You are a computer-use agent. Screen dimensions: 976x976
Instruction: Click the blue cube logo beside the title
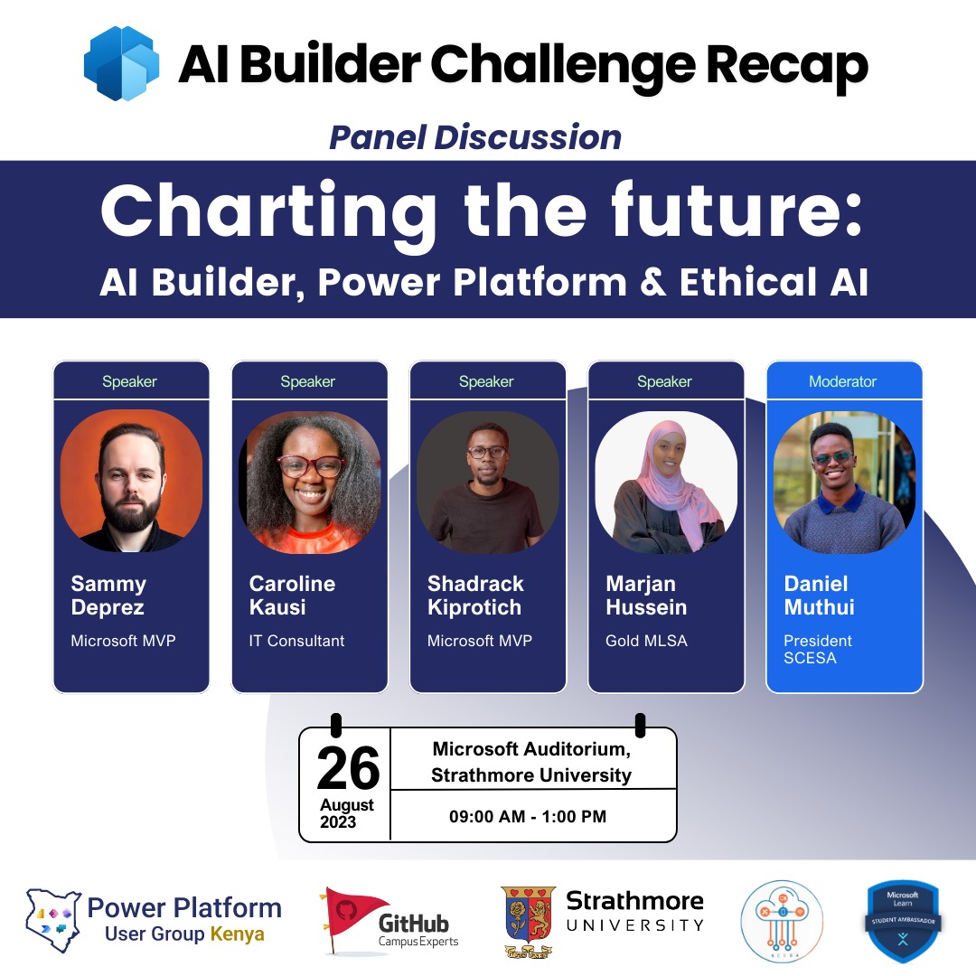(x=121, y=63)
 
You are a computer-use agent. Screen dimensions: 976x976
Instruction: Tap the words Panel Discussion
(x=475, y=137)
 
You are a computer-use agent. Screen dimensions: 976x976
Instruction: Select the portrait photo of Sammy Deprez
(x=131, y=481)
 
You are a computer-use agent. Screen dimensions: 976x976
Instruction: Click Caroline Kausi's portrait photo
(x=309, y=481)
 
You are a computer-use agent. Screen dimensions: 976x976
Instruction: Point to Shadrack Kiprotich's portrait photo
(x=487, y=481)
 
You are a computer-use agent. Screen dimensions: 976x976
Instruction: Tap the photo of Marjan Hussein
(x=666, y=481)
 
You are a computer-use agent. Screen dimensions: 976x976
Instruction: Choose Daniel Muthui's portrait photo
(x=844, y=481)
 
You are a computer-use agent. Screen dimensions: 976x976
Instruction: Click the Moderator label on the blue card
(x=842, y=381)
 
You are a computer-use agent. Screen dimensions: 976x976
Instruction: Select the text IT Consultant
(x=296, y=641)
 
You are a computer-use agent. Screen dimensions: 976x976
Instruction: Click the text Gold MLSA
(x=646, y=641)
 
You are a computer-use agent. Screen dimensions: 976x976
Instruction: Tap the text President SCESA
(x=817, y=649)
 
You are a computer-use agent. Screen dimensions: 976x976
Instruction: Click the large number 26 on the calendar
(x=348, y=769)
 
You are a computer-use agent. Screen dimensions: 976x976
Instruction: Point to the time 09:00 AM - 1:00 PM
(x=528, y=817)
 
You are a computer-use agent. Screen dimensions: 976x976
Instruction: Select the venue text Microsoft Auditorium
(x=530, y=749)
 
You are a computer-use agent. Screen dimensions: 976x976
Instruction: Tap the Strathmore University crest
(x=529, y=920)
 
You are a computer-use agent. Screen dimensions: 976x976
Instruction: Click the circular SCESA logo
(x=781, y=921)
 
